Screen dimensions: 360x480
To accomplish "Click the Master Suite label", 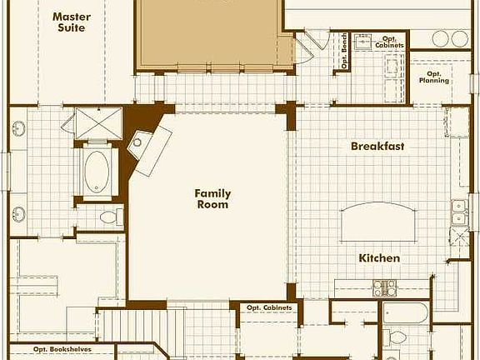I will click(72, 22).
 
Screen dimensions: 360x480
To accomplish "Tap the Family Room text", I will click(212, 199).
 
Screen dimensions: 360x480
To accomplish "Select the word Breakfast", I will click(377, 147).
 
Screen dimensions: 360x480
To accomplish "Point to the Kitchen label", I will click(379, 258).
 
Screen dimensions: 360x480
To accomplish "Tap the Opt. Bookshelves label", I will click(62, 350).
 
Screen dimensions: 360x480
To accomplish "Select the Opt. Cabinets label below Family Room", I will click(269, 308).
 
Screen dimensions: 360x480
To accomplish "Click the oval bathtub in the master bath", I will click(97, 169).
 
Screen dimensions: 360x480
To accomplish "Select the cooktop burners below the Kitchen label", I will click(384, 288).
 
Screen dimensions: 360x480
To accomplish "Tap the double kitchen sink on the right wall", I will click(457, 214).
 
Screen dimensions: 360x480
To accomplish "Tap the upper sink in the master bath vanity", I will click(18, 128).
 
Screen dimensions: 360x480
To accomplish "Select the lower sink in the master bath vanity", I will click(18, 213).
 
